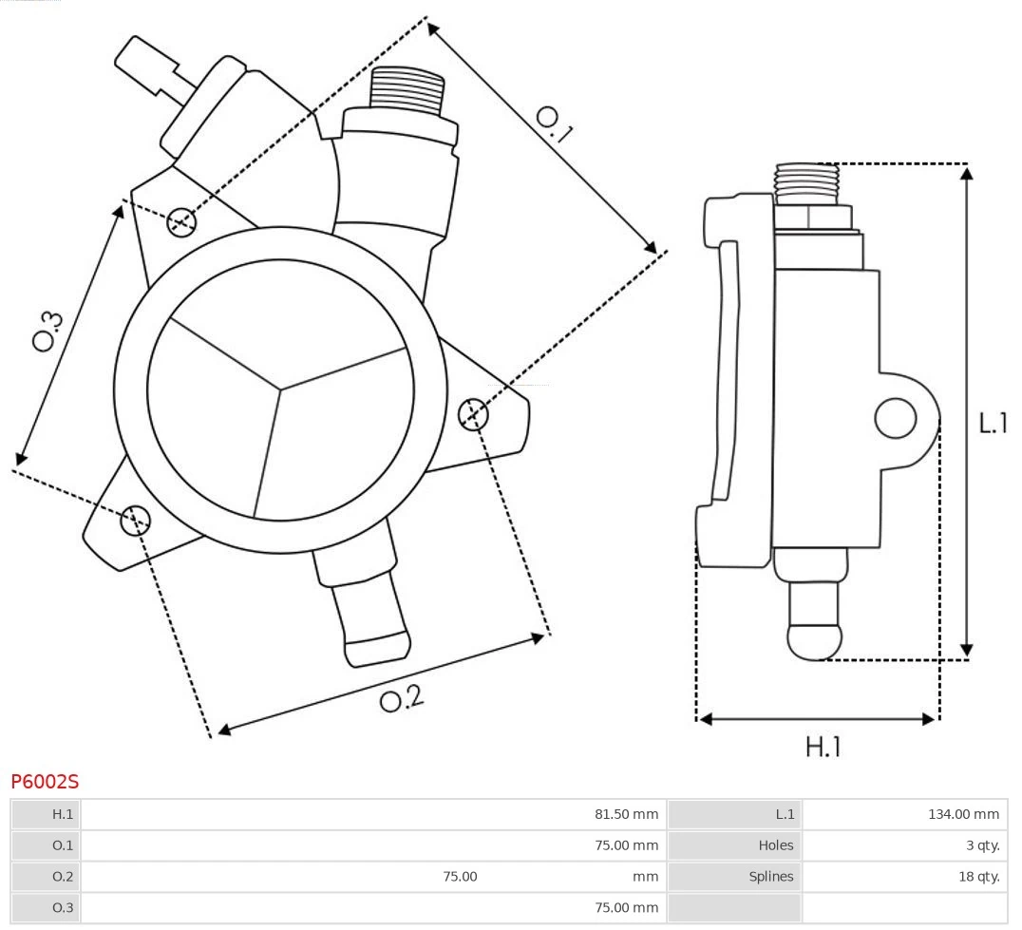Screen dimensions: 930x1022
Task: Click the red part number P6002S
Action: coord(45,782)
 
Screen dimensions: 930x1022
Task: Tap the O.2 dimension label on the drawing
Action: coord(401,699)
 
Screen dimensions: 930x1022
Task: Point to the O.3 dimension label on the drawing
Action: coord(47,331)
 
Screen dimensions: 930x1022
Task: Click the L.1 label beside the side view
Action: coord(993,423)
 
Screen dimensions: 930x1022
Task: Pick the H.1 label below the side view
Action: coord(823,748)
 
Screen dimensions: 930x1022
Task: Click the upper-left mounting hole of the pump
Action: coord(180,222)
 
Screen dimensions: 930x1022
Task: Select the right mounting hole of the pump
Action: coord(473,414)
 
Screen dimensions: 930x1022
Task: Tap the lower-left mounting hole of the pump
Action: coord(136,519)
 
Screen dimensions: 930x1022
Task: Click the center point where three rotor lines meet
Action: coord(280,388)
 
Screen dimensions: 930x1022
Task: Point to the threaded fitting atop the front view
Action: coord(407,91)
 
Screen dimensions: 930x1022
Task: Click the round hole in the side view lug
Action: coord(895,418)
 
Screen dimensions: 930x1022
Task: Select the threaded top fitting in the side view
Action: coord(806,182)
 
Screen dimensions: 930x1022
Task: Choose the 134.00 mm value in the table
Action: coord(963,814)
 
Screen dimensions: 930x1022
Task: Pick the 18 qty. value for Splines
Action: coord(978,877)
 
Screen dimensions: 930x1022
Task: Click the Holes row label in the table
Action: coord(775,845)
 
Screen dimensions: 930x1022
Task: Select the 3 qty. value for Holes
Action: coord(982,845)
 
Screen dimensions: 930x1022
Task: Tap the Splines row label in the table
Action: coord(770,877)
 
